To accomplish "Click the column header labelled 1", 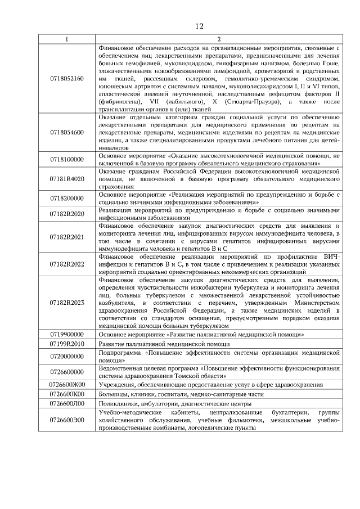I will [67, 39].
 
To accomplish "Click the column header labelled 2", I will [219, 39].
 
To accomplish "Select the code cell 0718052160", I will [67, 78].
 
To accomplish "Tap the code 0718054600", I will [67, 132].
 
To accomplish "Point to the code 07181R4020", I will [67, 178].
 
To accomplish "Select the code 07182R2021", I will [67, 238].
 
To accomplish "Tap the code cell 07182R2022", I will [67, 263].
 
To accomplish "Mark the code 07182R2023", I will [67, 303].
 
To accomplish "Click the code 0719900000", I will [67, 334].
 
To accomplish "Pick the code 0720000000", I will [67, 356].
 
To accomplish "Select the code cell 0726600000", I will [67, 372].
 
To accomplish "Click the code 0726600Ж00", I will [67, 385].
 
